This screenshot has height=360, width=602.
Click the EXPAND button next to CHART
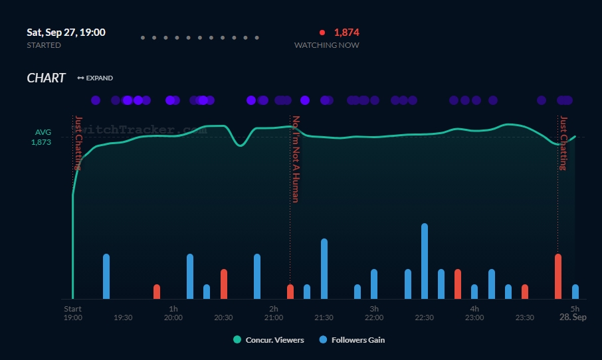click(95, 78)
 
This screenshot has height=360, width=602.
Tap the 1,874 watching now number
click(346, 32)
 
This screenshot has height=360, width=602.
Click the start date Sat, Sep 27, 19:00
click(66, 32)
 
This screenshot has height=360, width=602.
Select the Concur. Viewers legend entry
click(268, 340)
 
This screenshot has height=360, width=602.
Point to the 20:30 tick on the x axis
click(223, 317)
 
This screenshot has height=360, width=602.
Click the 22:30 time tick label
click(424, 317)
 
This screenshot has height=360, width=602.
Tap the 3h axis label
click(374, 309)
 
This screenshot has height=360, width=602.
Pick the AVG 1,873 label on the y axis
click(42, 137)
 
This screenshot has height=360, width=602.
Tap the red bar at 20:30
click(224, 284)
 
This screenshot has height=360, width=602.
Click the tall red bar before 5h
click(558, 276)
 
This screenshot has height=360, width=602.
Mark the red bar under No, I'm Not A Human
click(290, 292)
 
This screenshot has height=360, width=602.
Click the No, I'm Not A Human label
click(296, 159)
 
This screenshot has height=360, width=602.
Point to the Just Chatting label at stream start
click(78, 143)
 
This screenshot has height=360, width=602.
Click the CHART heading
click(46, 78)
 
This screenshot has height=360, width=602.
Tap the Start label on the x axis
click(72, 309)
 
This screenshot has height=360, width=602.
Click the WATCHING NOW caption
click(326, 45)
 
